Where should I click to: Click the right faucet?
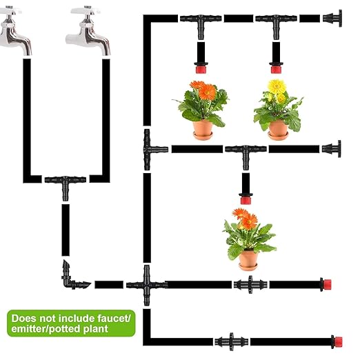point(90,31)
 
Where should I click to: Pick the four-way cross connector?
point(146,283)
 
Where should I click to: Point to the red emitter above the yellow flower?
point(275,68)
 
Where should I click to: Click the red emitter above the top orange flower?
point(201,68)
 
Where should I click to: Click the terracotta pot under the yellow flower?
point(278,128)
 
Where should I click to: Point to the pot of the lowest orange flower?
point(248,259)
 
